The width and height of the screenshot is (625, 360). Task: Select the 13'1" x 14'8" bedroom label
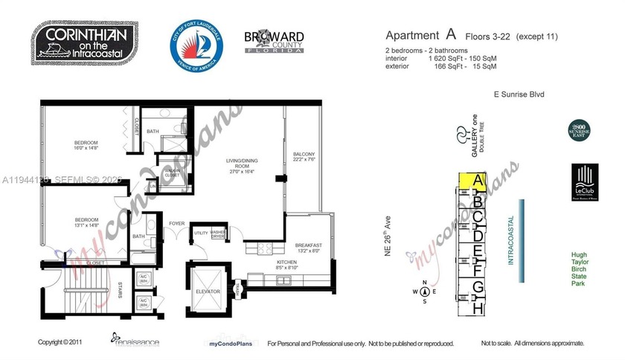point(86,223)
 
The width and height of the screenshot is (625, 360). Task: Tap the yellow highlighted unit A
point(478,181)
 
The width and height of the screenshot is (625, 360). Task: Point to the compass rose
point(423,292)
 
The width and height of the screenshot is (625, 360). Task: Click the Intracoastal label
point(511,239)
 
